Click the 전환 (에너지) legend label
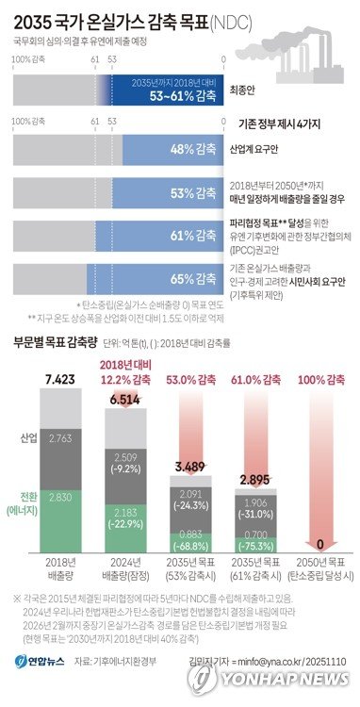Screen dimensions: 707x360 pos(23,504)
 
